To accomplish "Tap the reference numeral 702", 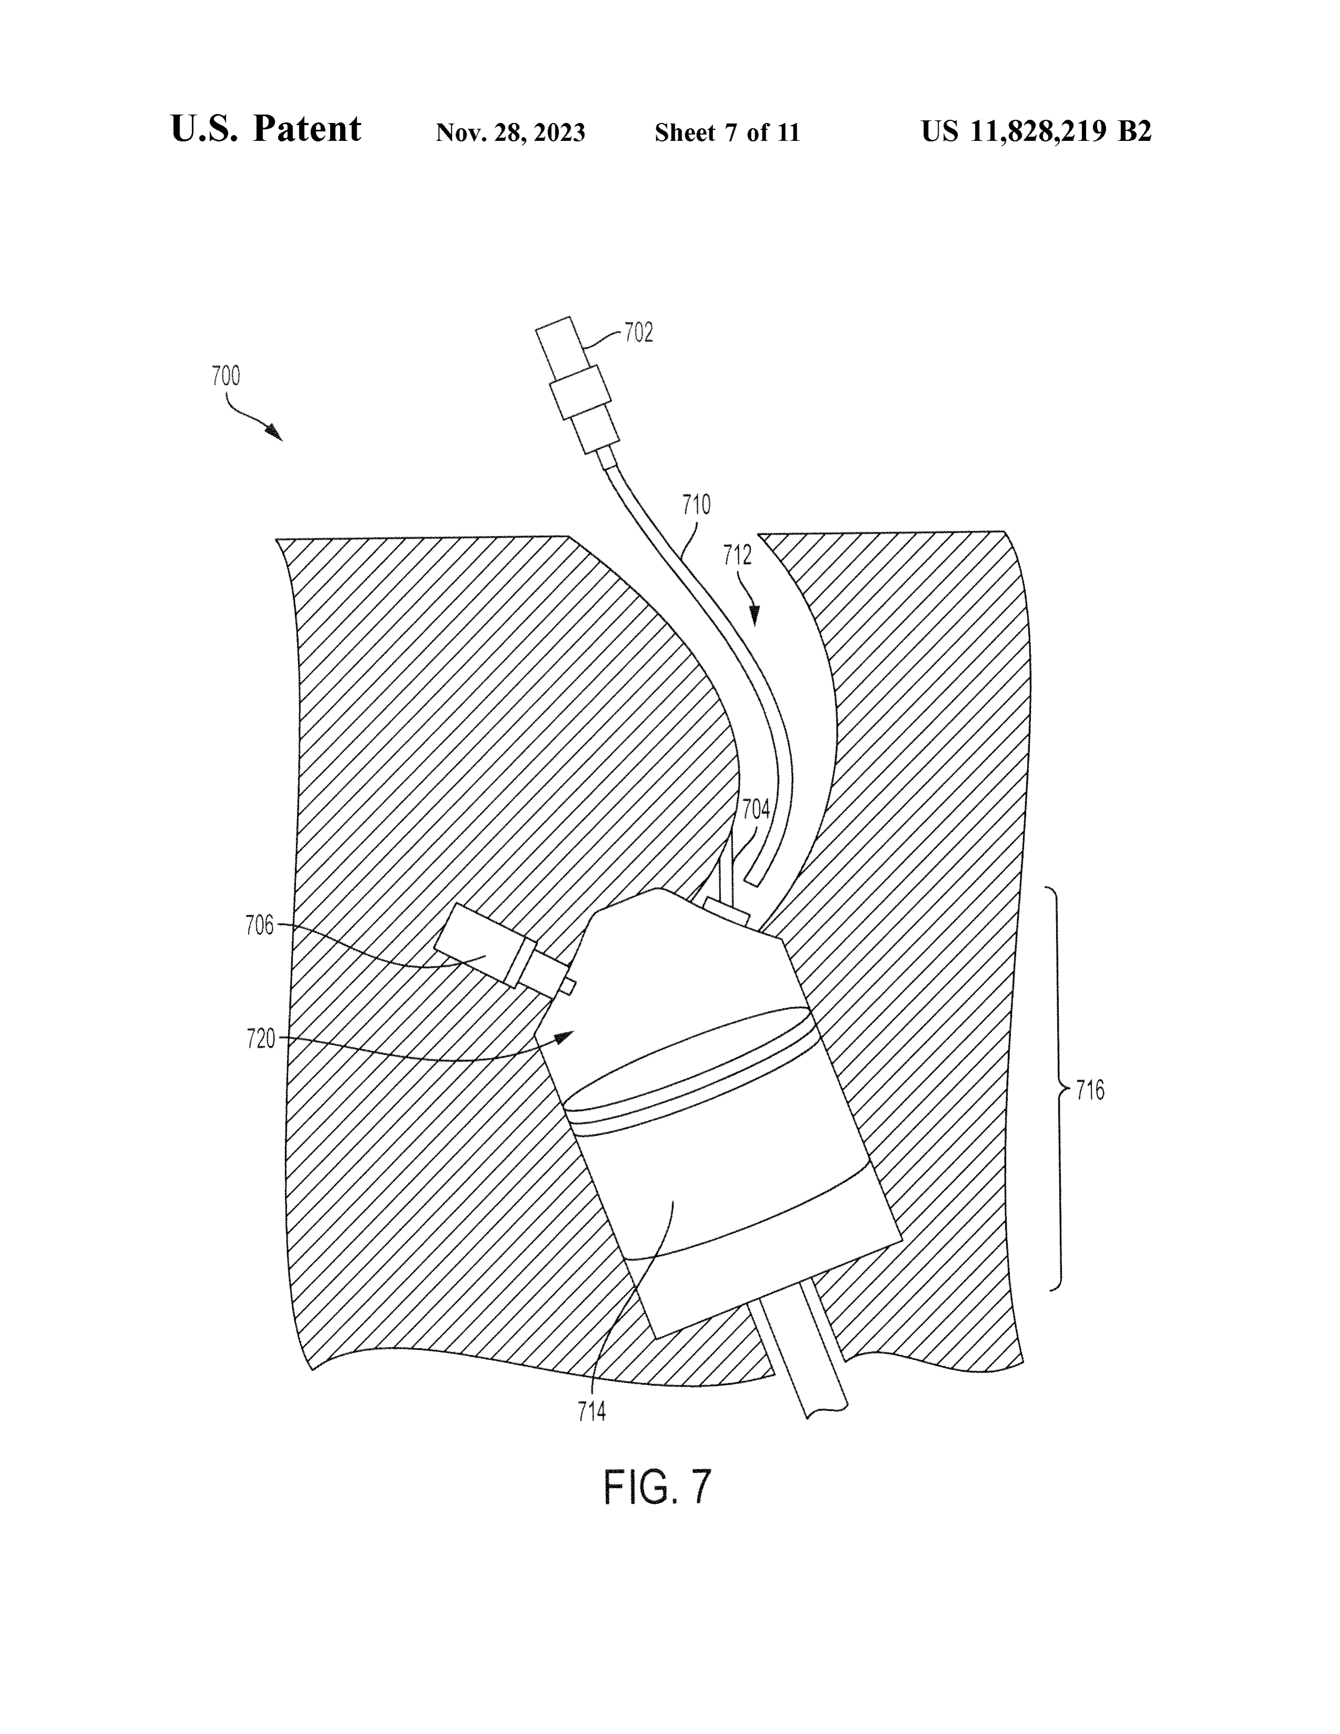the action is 638,333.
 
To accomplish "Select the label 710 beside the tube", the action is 696,505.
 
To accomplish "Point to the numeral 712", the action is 737,555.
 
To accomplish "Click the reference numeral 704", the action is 756,809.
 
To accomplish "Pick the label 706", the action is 260,926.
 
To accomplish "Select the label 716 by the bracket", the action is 1090,1091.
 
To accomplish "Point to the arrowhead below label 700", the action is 275,432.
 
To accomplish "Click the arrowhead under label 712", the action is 754,615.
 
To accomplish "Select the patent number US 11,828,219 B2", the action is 1036,131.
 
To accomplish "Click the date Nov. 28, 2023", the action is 510,132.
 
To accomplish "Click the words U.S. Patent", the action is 266,129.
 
